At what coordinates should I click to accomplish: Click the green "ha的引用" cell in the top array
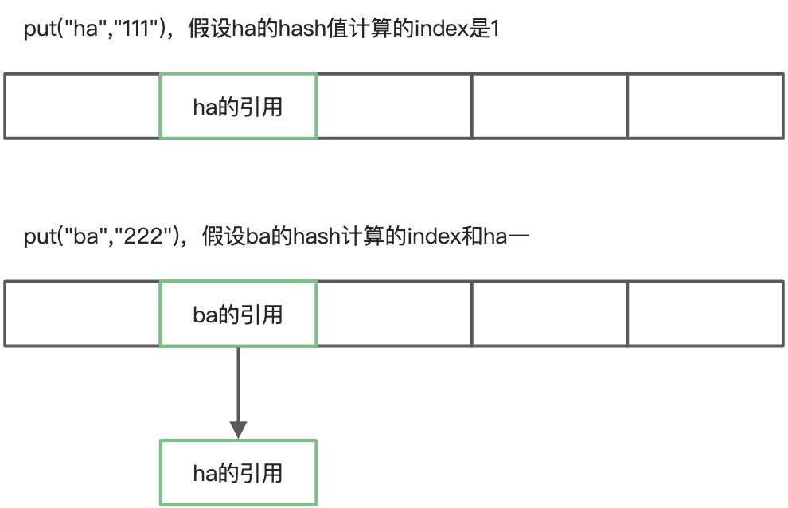click(x=238, y=106)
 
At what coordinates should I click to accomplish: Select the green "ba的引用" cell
click(x=238, y=314)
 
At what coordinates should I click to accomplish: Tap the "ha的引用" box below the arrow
click(x=238, y=473)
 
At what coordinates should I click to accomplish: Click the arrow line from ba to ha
click(x=238, y=382)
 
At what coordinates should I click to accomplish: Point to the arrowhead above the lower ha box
click(x=238, y=429)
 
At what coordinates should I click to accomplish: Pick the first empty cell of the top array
click(x=82, y=106)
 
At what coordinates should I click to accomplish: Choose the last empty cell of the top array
click(x=705, y=106)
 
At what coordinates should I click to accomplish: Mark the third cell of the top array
click(x=394, y=106)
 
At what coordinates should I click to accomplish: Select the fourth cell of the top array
click(x=549, y=106)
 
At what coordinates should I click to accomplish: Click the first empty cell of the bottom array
click(x=82, y=314)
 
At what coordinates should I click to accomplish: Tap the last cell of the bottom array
click(x=705, y=314)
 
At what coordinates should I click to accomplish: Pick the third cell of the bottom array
click(x=394, y=314)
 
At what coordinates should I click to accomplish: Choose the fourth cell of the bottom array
click(x=549, y=314)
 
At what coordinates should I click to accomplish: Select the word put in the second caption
click(x=37, y=237)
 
